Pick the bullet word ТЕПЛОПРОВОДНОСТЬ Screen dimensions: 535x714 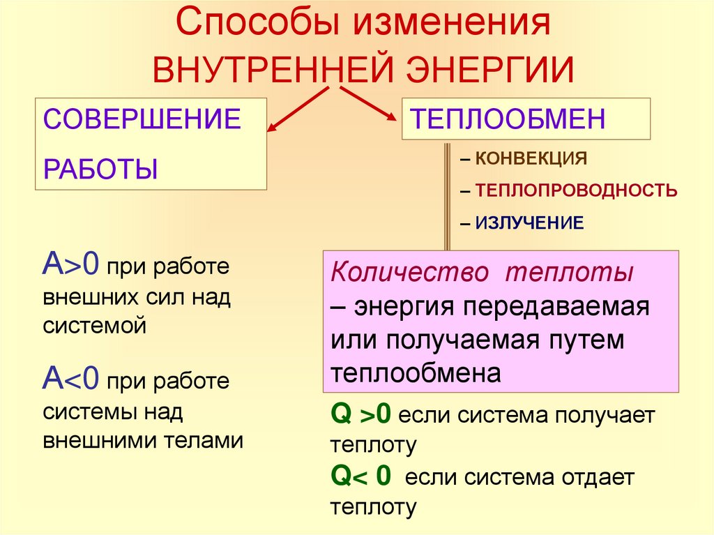click(576, 190)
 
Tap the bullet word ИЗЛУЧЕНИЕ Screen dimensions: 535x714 click(529, 223)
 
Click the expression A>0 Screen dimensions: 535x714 click(72, 266)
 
